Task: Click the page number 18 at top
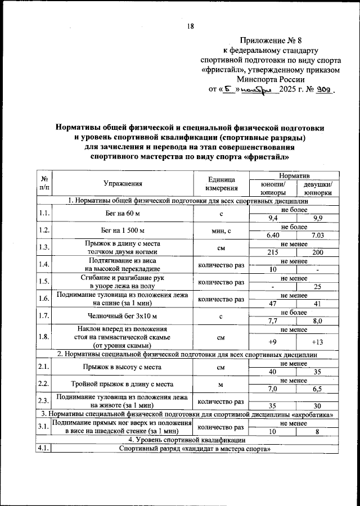(x=190, y=26)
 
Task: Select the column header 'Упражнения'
(x=123, y=183)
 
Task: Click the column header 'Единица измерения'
(x=221, y=183)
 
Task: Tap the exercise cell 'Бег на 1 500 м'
(x=123, y=231)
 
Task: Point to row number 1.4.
(x=44, y=265)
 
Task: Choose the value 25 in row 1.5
(x=317, y=287)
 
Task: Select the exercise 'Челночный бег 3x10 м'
(x=123, y=317)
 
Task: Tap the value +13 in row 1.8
(x=317, y=342)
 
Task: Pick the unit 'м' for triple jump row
(x=221, y=384)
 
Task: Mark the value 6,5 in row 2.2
(x=317, y=388)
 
